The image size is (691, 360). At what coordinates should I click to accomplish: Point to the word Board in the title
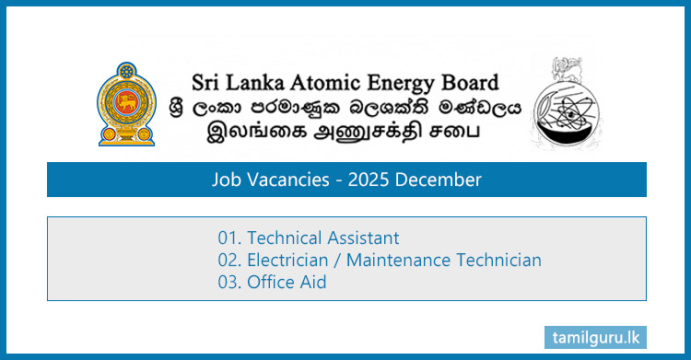coord(468,81)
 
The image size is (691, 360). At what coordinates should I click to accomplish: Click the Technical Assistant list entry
coord(323,238)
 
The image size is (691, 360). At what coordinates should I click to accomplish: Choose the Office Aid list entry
coord(287,283)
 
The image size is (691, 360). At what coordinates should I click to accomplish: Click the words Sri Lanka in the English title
coord(222,81)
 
